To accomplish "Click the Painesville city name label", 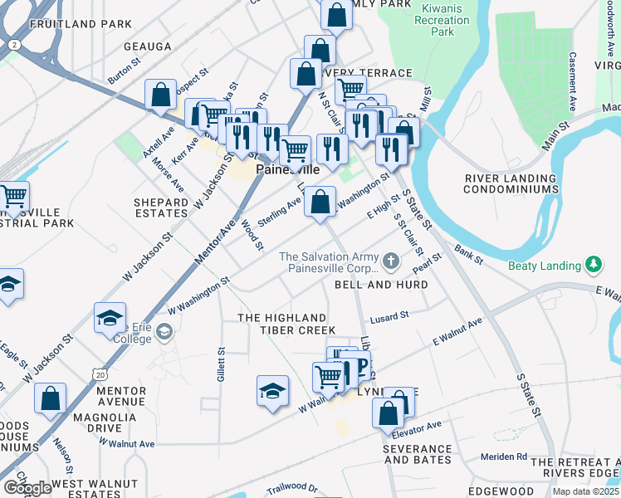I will click(286, 169).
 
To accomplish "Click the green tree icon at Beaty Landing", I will click(593, 265).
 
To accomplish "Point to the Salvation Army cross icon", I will click(392, 263).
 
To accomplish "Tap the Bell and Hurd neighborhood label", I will click(381, 285).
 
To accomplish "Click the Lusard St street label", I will click(389, 316).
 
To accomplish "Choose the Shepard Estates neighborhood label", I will click(161, 207).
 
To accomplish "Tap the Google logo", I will click(27, 488).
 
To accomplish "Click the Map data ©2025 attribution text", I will click(585, 491).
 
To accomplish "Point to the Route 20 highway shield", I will click(100, 374).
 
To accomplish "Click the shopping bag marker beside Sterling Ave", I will click(320, 202).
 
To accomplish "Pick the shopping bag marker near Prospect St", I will click(160, 95).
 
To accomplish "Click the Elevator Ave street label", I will click(422, 427).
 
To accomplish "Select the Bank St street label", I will click(468, 255).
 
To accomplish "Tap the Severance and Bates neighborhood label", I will click(417, 454).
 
